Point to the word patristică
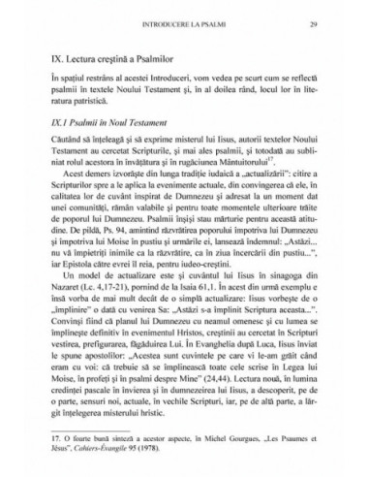pyautogui.click(x=93, y=102)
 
